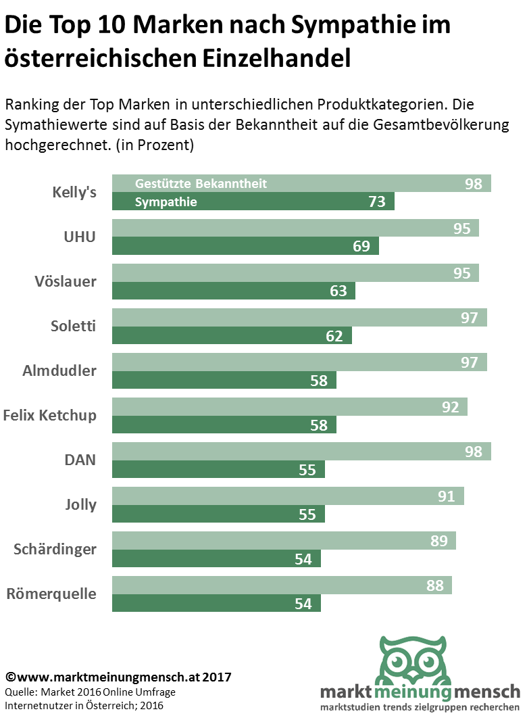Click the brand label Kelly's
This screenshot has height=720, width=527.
[x=74, y=192]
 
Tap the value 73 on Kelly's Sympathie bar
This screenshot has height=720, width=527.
[x=376, y=201]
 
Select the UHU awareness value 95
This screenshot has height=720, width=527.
[x=461, y=229]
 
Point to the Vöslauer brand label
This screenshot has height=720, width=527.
[x=66, y=281]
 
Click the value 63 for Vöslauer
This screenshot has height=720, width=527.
[x=338, y=291]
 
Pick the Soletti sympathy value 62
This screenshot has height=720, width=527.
[x=334, y=335]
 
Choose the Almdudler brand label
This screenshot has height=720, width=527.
[x=59, y=370]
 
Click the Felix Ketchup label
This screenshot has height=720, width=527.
[x=49, y=415]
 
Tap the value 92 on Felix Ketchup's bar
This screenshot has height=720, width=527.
[x=450, y=407]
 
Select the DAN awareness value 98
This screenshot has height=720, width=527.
[x=474, y=452]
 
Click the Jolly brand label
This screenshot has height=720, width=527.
[x=80, y=504]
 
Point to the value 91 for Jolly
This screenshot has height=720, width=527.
[x=447, y=496]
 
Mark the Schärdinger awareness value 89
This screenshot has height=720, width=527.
[x=438, y=541]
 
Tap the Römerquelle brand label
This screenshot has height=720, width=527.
[x=51, y=594]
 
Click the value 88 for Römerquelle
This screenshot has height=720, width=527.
[x=435, y=585]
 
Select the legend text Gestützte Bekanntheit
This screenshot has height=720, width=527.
[x=201, y=184]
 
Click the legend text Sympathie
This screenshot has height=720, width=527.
[x=166, y=201]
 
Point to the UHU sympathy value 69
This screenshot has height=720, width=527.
[x=361, y=246]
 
